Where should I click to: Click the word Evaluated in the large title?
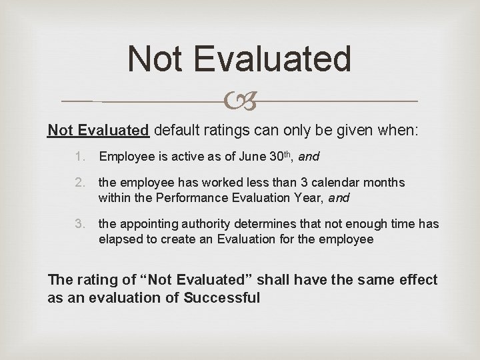[x=274, y=59]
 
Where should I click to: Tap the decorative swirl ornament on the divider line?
[x=240, y=101]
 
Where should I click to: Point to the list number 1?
[x=79, y=157]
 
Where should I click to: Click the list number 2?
[x=79, y=183]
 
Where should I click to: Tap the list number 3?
[x=79, y=224]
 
